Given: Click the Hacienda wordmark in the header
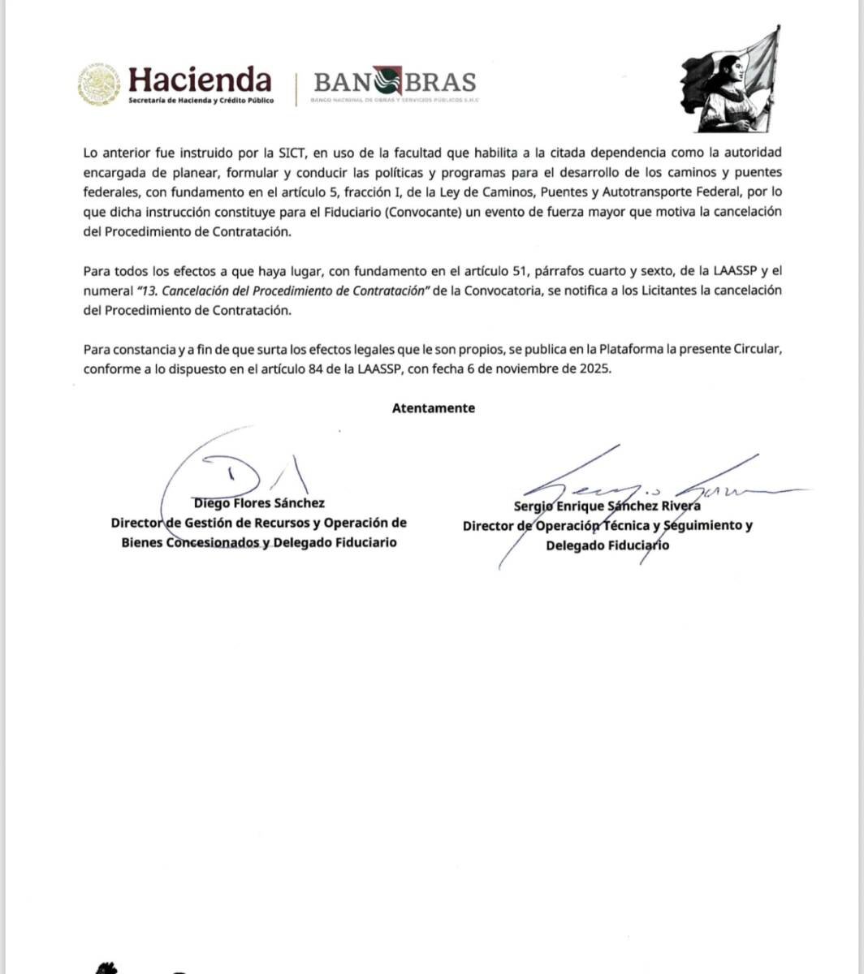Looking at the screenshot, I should pyautogui.click(x=200, y=79).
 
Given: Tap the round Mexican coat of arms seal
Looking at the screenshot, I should pyautogui.click(x=99, y=85).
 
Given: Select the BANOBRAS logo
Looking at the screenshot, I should pyautogui.click(x=395, y=82).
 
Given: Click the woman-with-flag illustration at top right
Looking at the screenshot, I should pyautogui.click(x=730, y=80).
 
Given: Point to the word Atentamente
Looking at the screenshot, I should pyautogui.click(x=434, y=408).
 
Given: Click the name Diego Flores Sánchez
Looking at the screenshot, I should pyautogui.click(x=259, y=503).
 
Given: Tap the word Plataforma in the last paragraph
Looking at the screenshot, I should pyautogui.click(x=629, y=349).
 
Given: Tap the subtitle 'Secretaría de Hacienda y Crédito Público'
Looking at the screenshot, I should pyautogui.click(x=201, y=100).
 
